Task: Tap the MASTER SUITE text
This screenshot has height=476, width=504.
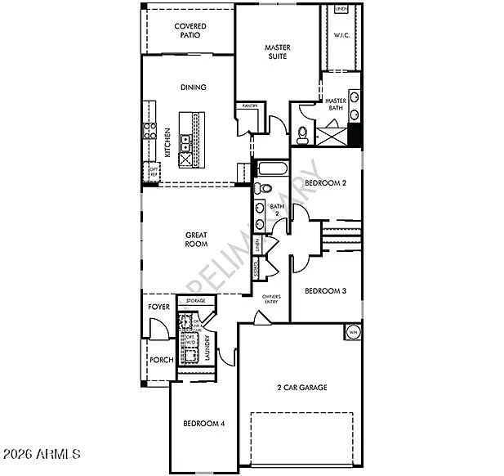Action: pos(277,52)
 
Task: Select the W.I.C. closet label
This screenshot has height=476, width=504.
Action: pos(341,35)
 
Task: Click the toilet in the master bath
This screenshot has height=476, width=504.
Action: pos(302,132)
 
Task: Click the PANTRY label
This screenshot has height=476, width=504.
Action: pos(248,106)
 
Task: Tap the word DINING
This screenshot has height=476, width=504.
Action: pos(193,88)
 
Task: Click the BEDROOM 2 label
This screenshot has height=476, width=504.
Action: pos(326,183)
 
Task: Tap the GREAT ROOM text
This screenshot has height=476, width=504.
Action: pos(195,239)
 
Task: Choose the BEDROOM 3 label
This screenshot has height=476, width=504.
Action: pos(326,291)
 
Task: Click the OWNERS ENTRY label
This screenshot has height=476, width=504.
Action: pos(270,299)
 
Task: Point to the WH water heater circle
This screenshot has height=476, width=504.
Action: pos(353,332)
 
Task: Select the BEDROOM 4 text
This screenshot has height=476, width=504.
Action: pos(203,423)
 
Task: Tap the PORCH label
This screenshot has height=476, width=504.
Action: pos(159,360)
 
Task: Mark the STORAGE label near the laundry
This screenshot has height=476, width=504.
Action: pos(195,301)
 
